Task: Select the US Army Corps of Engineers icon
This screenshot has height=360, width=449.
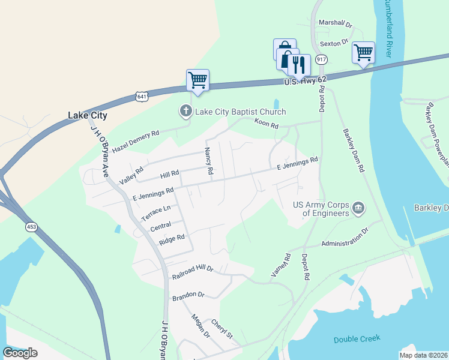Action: (358, 208)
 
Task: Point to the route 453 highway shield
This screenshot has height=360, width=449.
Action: (31, 227)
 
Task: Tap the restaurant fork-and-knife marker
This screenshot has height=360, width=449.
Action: (300, 64)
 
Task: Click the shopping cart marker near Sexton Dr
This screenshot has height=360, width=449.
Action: (363, 53)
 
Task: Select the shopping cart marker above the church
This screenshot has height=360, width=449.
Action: (197, 80)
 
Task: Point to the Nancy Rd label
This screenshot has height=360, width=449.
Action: (209, 161)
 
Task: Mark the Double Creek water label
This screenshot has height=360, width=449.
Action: (357, 339)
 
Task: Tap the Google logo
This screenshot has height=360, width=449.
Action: (20, 352)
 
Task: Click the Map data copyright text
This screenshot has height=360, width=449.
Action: (423, 355)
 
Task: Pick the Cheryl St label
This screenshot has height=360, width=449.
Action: (221, 328)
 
